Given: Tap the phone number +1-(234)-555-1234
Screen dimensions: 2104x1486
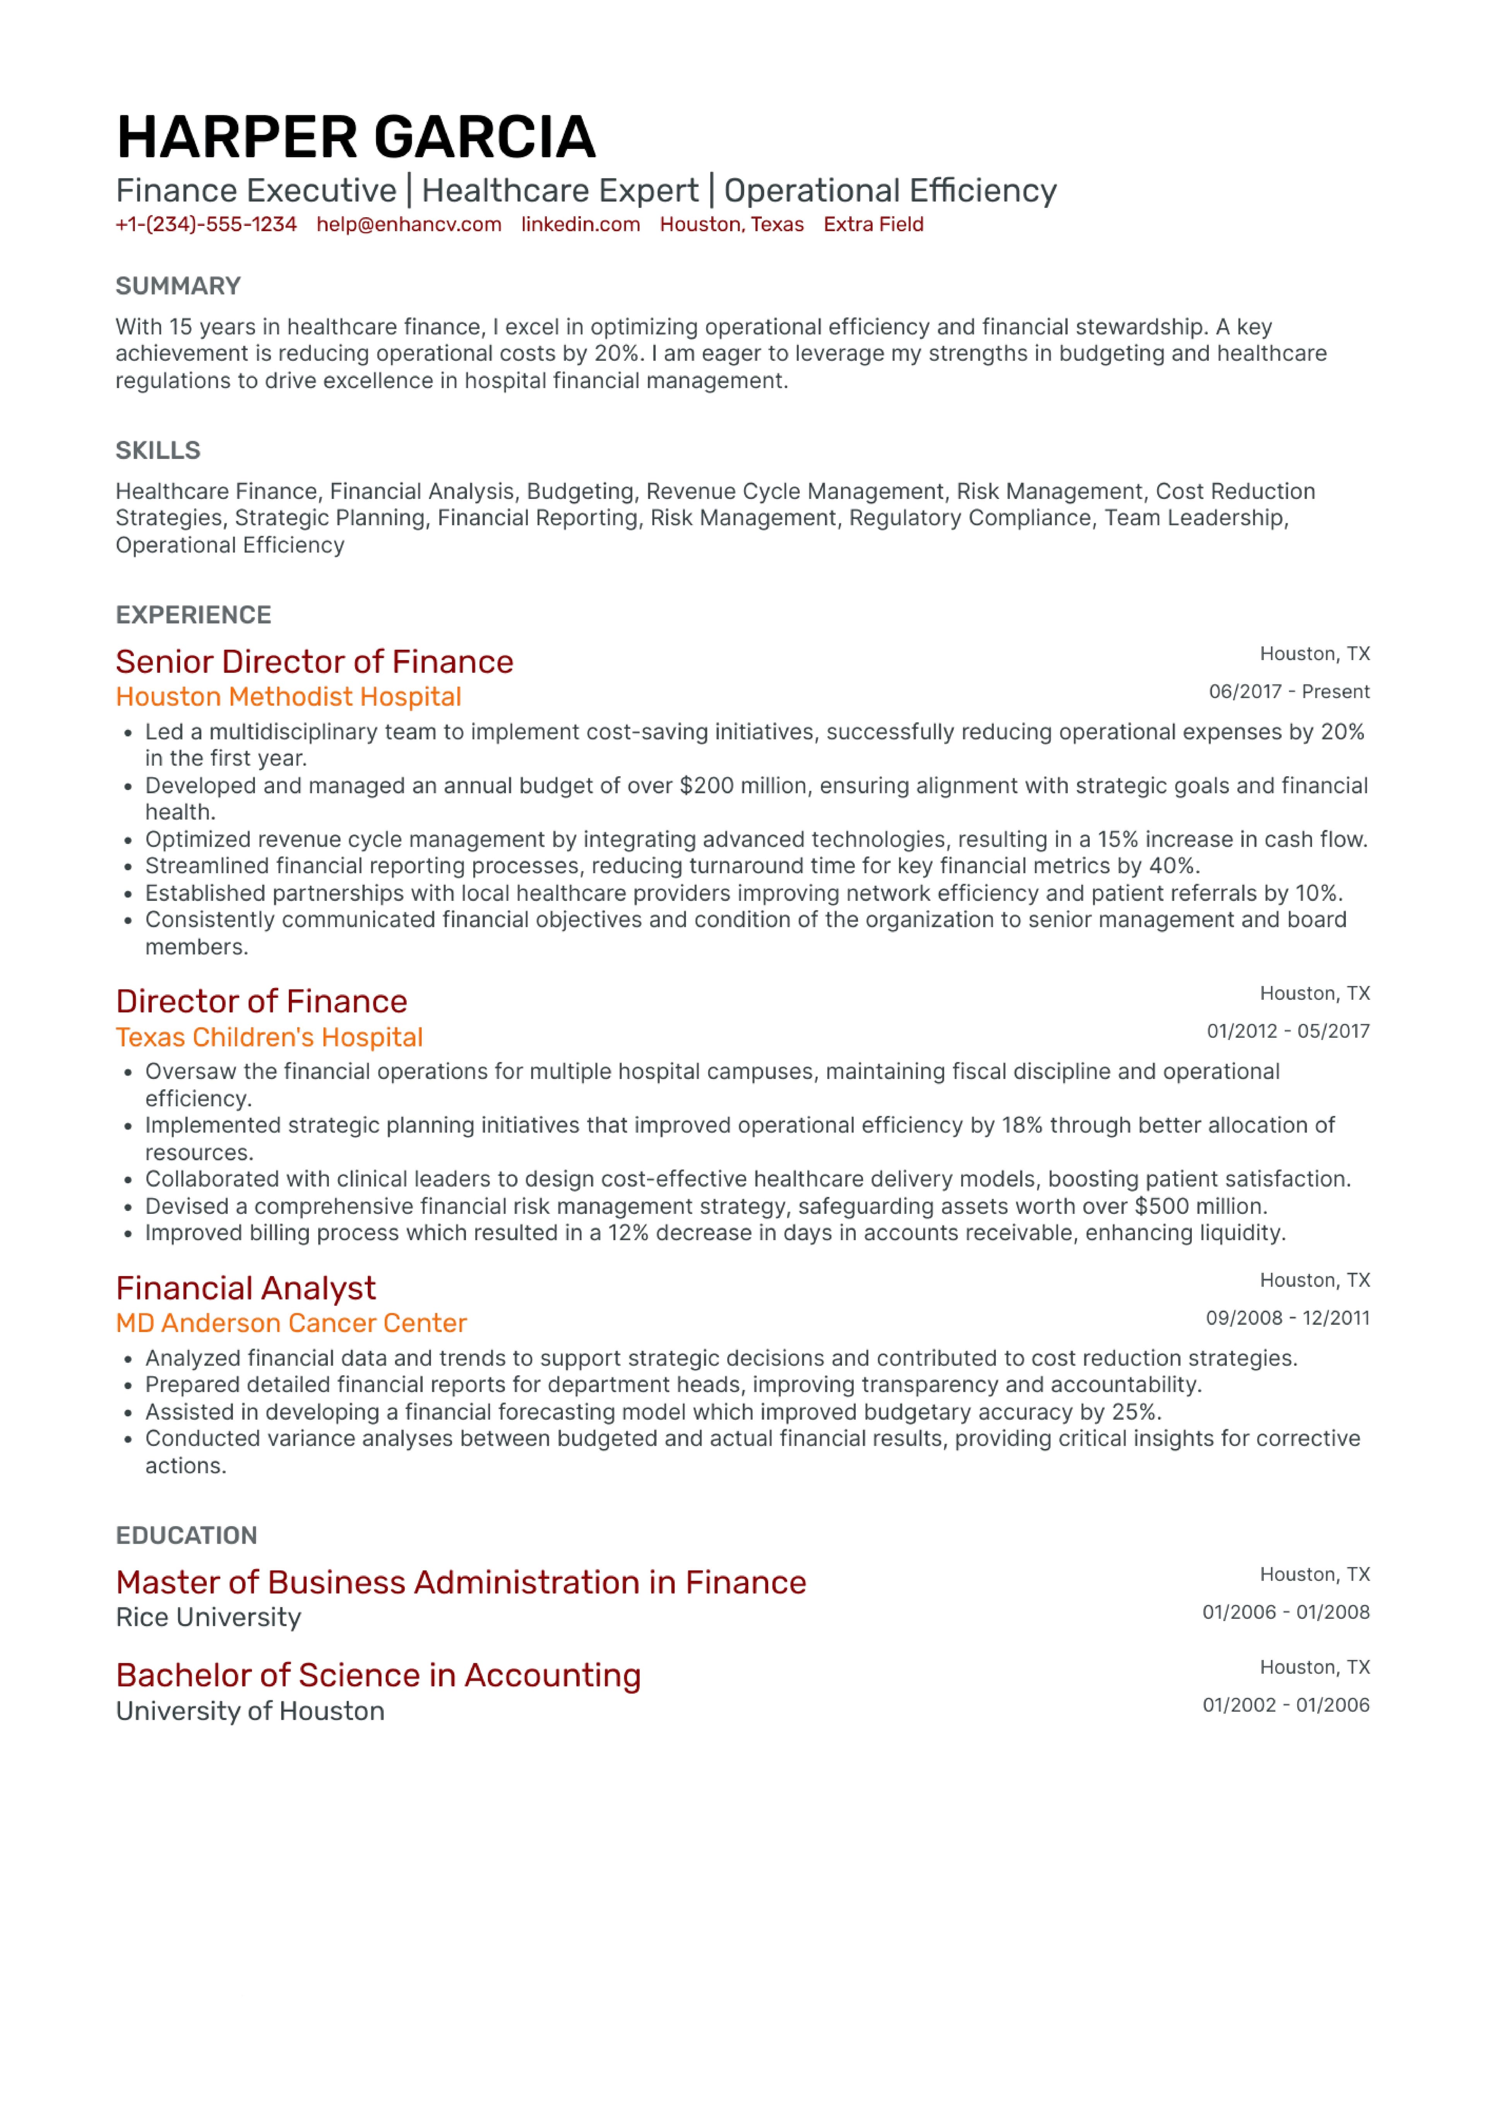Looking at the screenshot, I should click(206, 225).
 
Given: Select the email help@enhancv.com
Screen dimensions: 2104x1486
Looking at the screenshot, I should click(409, 225).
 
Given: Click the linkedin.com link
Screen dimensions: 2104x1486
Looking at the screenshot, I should click(580, 225).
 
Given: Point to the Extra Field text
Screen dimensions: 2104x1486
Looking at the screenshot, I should click(873, 225).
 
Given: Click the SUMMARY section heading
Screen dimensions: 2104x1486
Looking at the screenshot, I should click(178, 286).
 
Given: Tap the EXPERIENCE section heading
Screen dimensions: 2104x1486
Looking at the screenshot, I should click(193, 615).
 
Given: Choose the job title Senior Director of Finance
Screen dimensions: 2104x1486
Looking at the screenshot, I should click(314, 662).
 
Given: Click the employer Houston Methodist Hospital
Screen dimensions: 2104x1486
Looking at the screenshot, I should click(288, 697).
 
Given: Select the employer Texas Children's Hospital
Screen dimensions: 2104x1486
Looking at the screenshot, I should click(269, 1037).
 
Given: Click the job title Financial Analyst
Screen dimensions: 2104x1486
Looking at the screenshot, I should click(245, 1289).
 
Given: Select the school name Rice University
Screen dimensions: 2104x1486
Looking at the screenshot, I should click(208, 1617).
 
